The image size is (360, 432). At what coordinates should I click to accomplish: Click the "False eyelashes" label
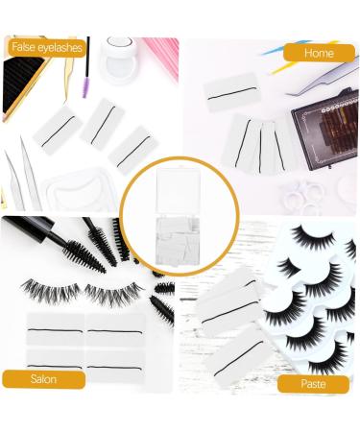coord(46,45)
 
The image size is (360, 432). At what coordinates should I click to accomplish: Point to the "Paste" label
coord(313,384)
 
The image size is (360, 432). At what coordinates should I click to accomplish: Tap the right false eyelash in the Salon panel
coord(113,290)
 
